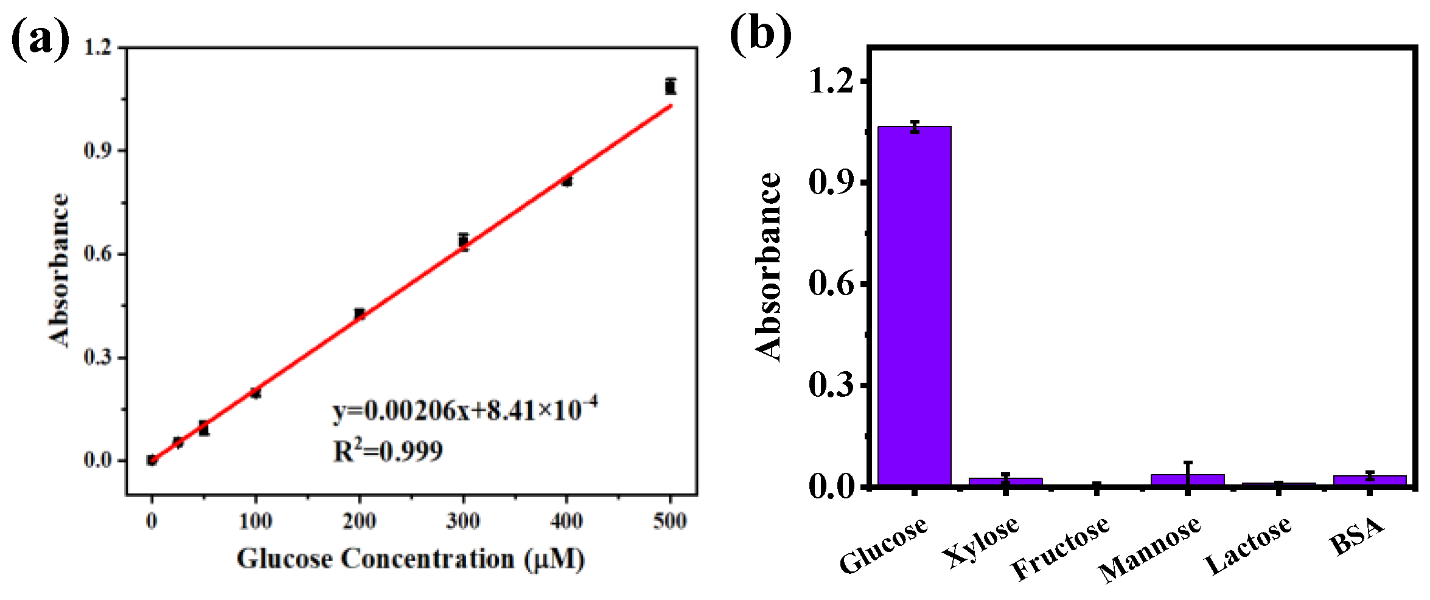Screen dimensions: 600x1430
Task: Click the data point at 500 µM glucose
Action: (x=670, y=86)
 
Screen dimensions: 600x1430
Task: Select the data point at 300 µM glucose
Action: (x=464, y=241)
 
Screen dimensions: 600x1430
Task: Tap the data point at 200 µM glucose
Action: (x=360, y=314)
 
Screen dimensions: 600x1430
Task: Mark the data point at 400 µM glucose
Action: (x=567, y=181)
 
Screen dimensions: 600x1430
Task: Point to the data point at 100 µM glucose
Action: (x=256, y=393)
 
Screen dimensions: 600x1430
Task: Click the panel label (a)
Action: (x=40, y=38)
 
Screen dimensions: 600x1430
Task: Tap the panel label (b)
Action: (x=761, y=35)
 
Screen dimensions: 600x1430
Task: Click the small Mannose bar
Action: (x=1187, y=480)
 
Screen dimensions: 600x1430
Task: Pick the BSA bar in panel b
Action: (x=1369, y=480)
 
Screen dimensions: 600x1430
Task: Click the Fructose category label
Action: (x=1060, y=548)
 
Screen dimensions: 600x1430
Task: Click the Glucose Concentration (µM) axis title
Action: (x=411, y=559)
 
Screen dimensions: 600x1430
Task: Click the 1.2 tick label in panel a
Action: (x=97, y=47)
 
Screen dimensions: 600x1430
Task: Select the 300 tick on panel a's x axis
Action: (x=463, y=521)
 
